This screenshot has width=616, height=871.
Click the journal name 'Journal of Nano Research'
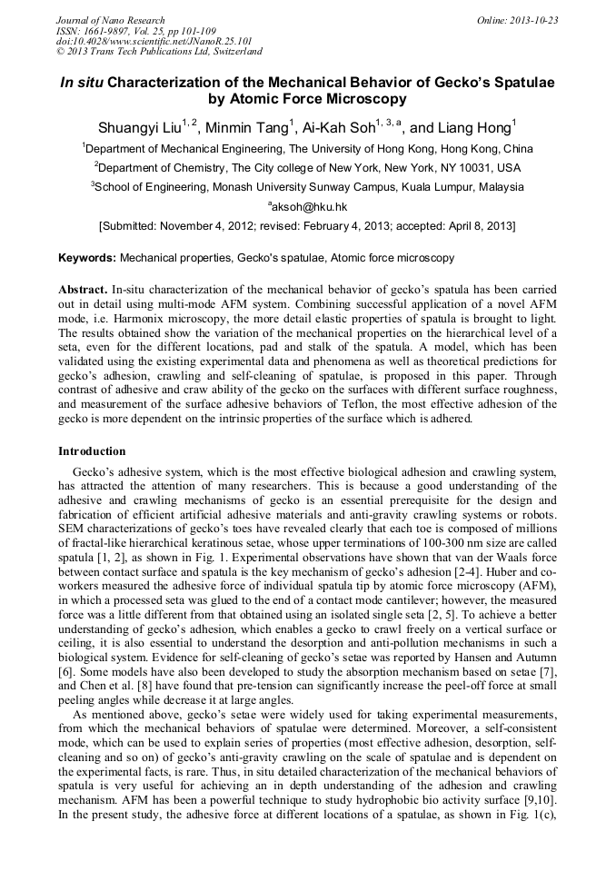coord(111,20)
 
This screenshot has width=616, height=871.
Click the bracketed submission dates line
coord(307,225)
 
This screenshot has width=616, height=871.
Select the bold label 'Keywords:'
coord(87,259)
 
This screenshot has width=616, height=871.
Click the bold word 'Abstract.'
coord(84,287)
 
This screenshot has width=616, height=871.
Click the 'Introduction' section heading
coord(92,451)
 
